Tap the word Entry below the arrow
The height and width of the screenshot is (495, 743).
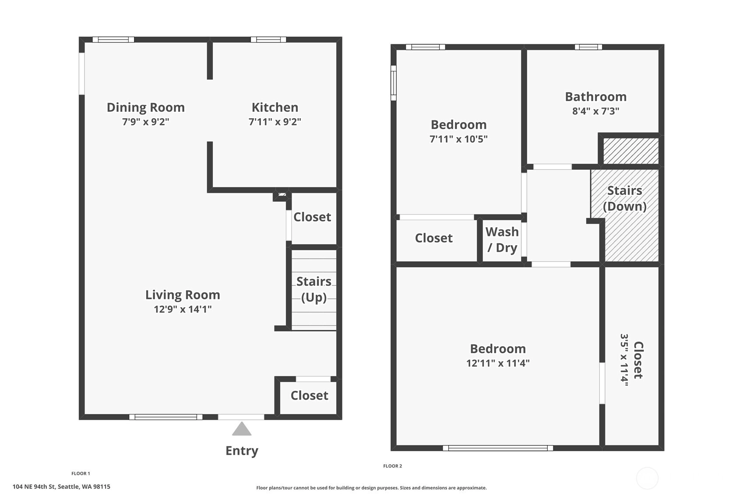pyautogui.click(x=242, y=451)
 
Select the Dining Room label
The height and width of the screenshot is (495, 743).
pyautogui.click(x=146, y=107)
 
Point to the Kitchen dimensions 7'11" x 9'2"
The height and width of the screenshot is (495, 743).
pyautogui.click(x=275, y=122)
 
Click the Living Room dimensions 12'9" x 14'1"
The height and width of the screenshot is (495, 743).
pyautogui.click(x=183, y=309)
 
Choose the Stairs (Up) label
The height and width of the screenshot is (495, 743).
pyautogui.click(x=314, y=289)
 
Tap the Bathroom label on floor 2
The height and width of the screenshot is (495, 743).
pyautogui.click(x=596, y=97)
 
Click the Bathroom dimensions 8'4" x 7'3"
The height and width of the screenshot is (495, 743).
pyautogui.click(x=596, y=111)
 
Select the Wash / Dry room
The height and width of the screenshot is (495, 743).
pyautogui.click(x=502, y=240)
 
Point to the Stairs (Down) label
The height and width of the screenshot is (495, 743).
pyautogui.click(x=625, y=199)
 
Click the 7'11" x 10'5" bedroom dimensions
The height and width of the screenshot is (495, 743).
pyautogui.click(x=459, y=139)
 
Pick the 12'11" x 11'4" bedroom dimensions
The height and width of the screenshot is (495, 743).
pyautogui.click(x=498, y=363)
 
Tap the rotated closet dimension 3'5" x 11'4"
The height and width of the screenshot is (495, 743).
pyautogui.click(x=624, y=360)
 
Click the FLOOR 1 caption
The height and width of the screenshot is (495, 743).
pyautogui.click(x=81, y=474)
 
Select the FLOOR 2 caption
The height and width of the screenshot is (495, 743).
pyautogui.click(x=392, y=466)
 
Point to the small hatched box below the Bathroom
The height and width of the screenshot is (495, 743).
pyautogui.click(x=630, y=151)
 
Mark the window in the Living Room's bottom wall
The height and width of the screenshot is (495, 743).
pyautogui.click(x=166, y=417)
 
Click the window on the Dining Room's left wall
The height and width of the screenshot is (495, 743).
pyautogui.click(x=81, y=74)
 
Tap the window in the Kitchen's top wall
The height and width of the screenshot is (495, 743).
pyautogui.click(x=268, y=40)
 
